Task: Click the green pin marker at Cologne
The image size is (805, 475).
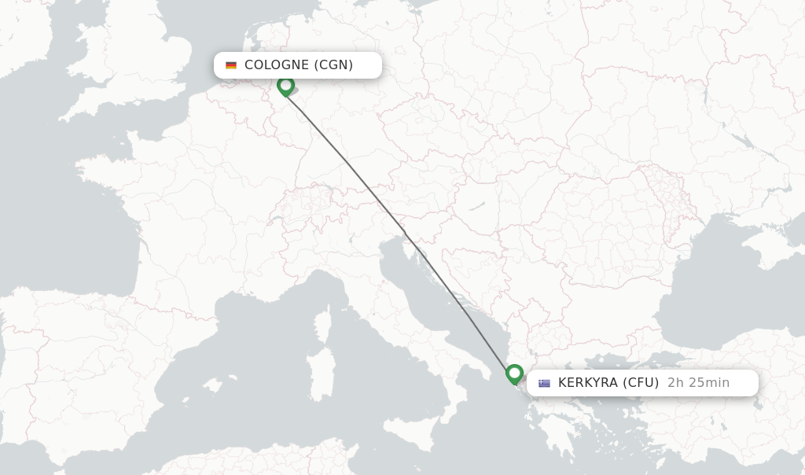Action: tap(285, 85)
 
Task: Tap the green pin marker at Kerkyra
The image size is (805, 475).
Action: tap(515, 373)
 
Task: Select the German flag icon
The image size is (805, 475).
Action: tap(231, 65)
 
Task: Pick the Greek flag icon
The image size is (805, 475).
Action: tap(544, 384)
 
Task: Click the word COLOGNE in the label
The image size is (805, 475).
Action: tap(277, 65)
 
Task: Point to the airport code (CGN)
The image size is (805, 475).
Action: tap(333, 65)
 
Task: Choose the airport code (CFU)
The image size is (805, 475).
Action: tap(641, 383)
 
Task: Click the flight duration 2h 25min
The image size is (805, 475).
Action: tap(698, 383)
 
